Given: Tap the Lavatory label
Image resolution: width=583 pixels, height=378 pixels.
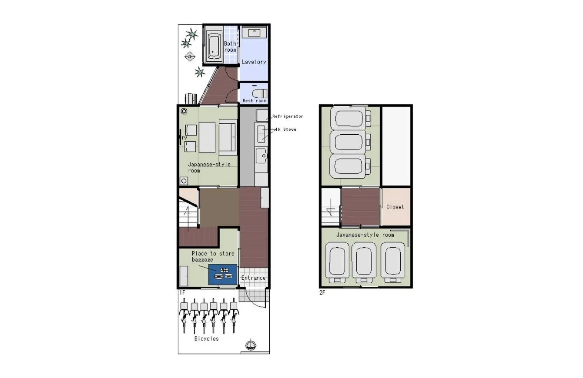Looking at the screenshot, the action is [254, 62].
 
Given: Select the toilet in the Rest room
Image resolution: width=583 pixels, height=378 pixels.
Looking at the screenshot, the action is [259, 93].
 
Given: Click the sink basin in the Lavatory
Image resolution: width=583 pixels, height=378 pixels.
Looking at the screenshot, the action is [254, 33].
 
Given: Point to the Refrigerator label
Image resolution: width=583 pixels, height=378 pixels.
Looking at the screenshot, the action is [288, 116].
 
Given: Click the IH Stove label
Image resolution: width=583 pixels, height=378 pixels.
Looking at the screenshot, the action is [286, 129].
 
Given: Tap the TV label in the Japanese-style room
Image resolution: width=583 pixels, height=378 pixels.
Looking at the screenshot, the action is [184, 138].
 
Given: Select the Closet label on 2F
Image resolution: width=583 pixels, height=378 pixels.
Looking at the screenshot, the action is [395, 207].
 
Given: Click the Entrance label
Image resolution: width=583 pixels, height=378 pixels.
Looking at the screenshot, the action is [254, 278].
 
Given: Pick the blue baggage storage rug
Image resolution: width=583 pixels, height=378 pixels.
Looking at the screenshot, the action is [222, 275].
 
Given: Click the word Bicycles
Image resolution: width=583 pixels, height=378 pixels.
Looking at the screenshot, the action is [207, 338].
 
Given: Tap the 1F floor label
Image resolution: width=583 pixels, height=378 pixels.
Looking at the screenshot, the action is [182, 292].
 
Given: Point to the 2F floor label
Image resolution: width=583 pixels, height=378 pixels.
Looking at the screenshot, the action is [322, 292].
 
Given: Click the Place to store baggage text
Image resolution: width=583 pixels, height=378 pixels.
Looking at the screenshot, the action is [213, 256].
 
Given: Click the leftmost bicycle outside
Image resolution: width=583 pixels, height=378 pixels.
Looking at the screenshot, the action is [184, 315].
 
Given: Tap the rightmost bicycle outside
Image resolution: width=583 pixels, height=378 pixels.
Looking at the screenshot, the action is [234, 315].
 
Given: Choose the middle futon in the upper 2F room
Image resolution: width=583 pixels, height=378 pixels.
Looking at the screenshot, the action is [350, 142].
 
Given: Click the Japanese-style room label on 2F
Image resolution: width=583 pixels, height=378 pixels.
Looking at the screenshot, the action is [365, 235].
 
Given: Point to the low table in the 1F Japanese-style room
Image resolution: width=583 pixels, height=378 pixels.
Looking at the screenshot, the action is [207, 137].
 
